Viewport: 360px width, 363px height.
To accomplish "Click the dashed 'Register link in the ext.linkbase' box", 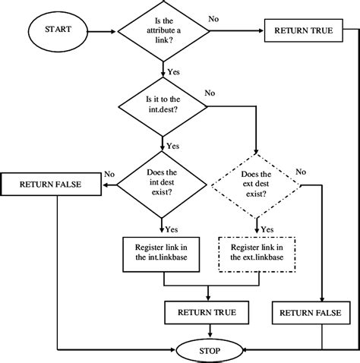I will click(257, 251).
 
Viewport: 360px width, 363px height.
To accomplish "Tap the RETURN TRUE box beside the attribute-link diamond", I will click(302, 32).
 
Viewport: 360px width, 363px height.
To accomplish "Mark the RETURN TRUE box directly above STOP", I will click(207, 311).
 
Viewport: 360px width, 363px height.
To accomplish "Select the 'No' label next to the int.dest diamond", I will click(210, 93).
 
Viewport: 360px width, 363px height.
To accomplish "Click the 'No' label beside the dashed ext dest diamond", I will click(301, 171).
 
